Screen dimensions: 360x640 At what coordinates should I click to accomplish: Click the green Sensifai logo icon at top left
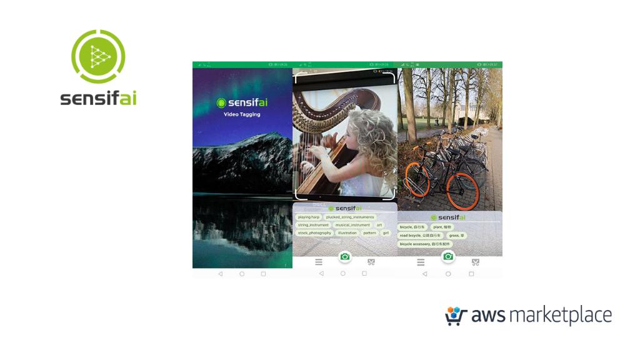pyautogui.click(x=98, y=57)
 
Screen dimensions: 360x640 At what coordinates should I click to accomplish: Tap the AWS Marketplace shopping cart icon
pyautogui.click(x=456, y=316)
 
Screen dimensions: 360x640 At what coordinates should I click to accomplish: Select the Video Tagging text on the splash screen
pyautogui.click(x=242, y=114)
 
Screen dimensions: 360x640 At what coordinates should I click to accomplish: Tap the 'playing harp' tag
pyautogui.click(x=309, y=217)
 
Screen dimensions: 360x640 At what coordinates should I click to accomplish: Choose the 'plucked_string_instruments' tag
pyautogui.click(x=350, y=217)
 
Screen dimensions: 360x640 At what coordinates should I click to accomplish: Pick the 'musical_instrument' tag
pyautogui.click(x=352, y=225)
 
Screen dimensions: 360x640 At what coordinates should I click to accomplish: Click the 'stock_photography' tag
pyautogui.click(x=314, y=233)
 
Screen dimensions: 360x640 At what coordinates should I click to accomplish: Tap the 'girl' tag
pyautogui.click(x=386, y=233)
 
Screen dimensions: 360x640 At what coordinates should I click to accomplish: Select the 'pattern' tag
pyautogui.click(x=369, y=233)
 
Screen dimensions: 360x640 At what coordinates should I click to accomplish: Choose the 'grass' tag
pyautogui.click(x=456, y=236)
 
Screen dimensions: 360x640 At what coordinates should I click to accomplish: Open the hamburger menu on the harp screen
pyautogui.click(x=319, y=262)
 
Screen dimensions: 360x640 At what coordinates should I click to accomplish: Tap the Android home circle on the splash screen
pyautogui.click(x=242, y=274)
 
